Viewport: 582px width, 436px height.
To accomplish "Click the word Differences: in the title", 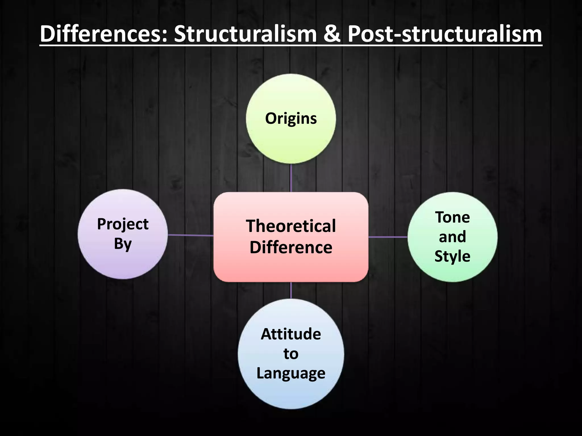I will (104, 34).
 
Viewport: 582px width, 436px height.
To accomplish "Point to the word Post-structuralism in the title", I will (445, 34).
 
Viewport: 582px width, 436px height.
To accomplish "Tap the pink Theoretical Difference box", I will (291, 267).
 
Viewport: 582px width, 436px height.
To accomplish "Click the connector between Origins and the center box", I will (291, 178).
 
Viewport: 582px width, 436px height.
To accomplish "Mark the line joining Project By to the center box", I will (190, 235).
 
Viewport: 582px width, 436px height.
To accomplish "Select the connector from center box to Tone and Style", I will (388, 237).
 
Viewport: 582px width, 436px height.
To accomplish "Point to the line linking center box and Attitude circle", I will (291, 290).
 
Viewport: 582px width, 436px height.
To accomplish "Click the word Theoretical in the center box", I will (291, 226).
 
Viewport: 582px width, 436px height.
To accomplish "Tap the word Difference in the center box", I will (291, 247).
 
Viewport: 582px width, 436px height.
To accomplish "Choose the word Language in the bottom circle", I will (291, 373).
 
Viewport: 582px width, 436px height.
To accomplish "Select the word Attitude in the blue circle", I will (291, 334).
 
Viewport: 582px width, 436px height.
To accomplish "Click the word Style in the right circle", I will (452, 256).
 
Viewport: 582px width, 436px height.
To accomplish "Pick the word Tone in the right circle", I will (452, 217).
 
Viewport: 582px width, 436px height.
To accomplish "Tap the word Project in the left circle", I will (123, 224).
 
